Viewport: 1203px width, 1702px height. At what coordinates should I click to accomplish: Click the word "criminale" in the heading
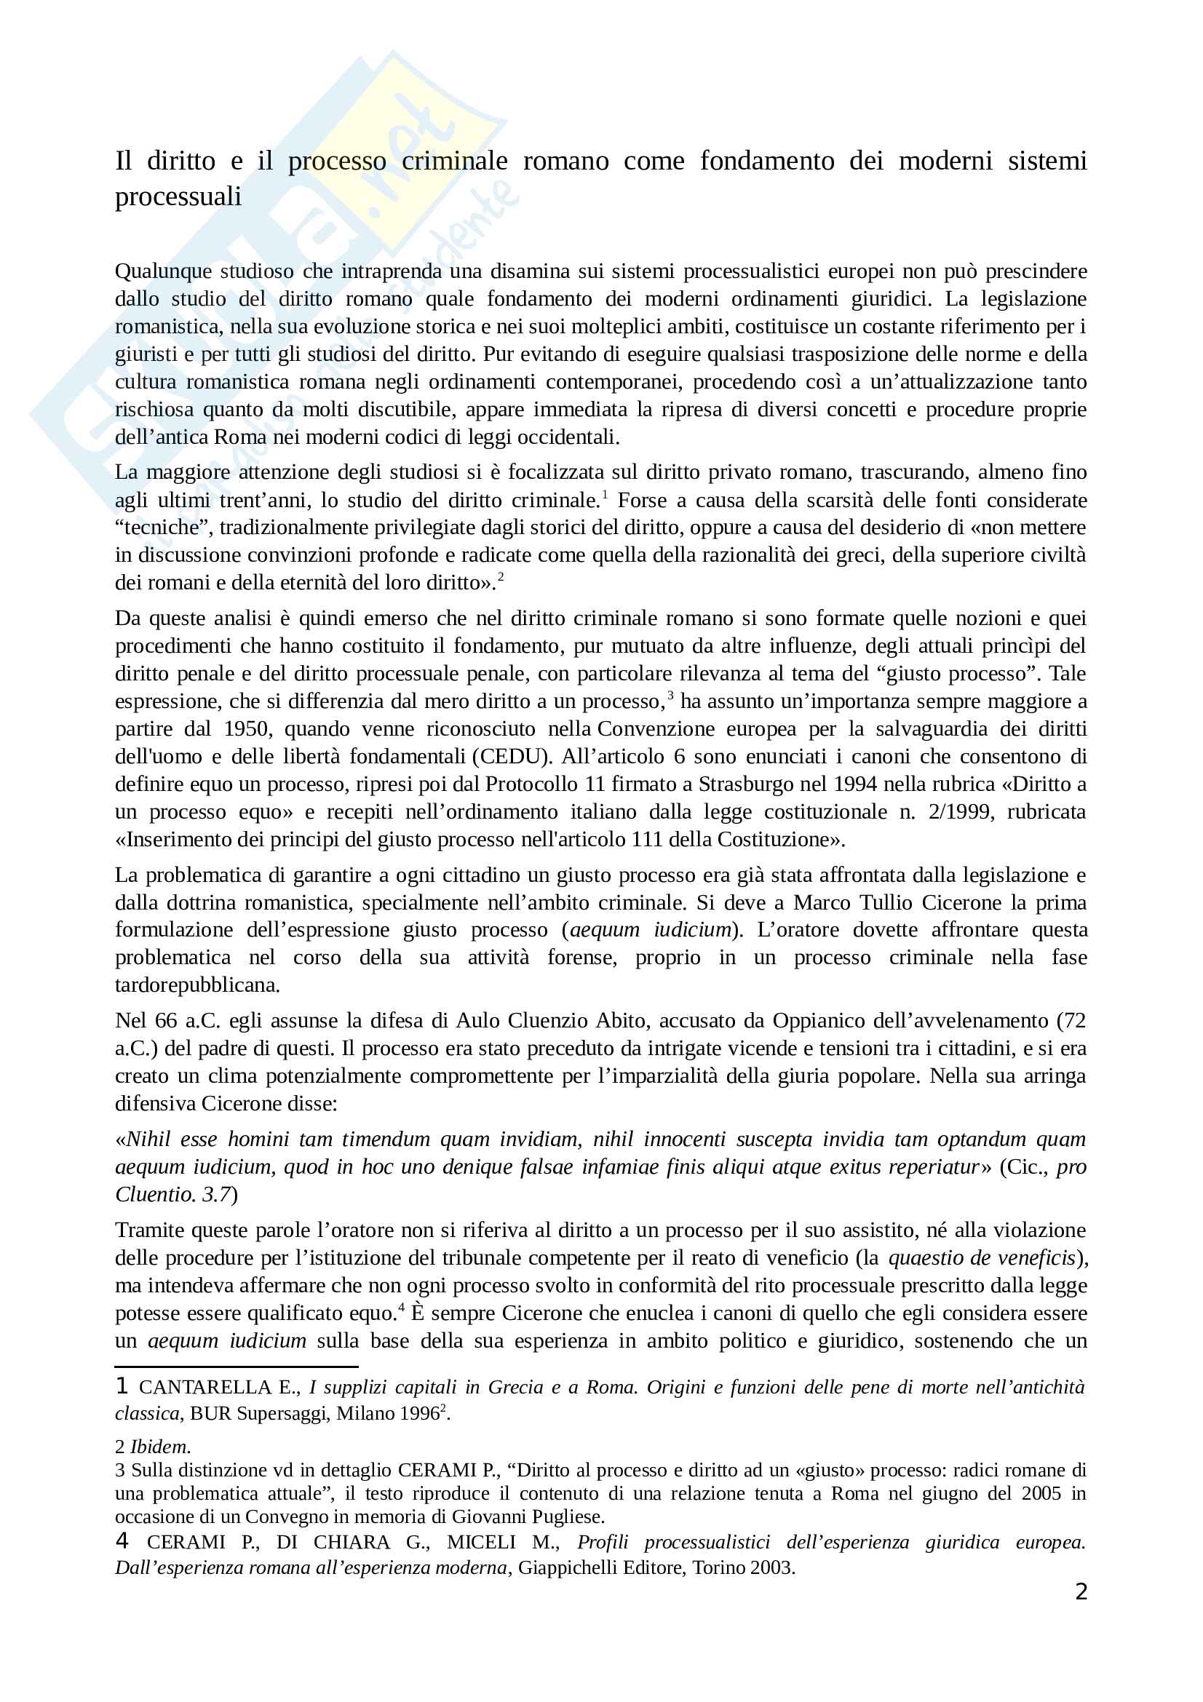tap(454, 161)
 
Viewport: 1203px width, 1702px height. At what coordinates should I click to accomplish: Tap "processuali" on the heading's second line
tap(178, 196)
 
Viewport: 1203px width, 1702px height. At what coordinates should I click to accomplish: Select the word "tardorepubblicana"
tap(196, 985)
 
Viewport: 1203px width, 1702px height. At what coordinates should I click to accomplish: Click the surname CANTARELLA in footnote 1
tap(205, 1388)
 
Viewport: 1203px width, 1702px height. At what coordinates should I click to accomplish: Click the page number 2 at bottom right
tap(1081, 1592)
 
